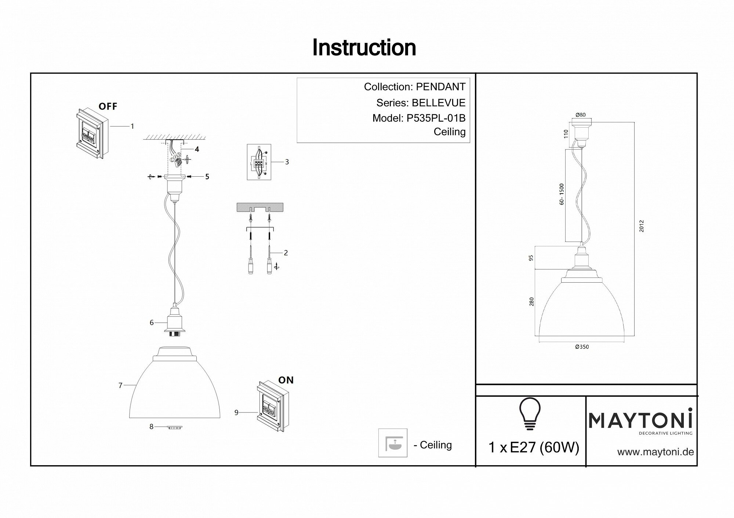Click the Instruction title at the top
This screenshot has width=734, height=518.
click(364, 48)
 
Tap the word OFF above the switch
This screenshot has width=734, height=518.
click(108, 107)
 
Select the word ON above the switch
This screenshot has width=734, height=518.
click(286, 381)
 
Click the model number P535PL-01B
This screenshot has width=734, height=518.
click(436, 118)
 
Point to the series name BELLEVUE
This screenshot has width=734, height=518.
click(439, 103)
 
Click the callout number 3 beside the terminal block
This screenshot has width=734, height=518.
click(287, 162)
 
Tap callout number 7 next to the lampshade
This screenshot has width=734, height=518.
click(120, 385)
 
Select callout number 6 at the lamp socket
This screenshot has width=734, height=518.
click(152, 323)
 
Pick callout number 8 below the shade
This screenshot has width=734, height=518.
click(151, 427)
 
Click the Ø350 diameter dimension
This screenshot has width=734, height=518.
click(582, 347)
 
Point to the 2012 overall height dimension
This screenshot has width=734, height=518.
click(641, 226)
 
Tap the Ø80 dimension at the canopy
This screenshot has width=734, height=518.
click(581, 115)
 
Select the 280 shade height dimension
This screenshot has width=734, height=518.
click(532, 301)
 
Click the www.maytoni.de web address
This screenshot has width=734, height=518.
click(655, 452)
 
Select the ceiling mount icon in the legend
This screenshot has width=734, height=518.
click(393, 443)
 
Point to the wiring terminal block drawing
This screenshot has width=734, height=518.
click(259, 162)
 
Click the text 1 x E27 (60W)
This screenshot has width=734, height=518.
click(534, 448)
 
